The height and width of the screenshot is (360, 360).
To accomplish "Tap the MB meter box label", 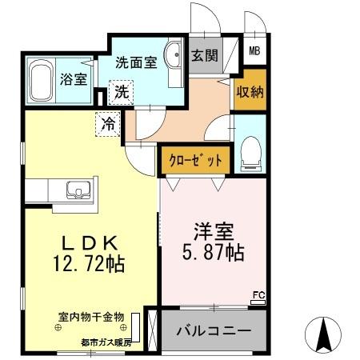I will pyautogui.click(x=254, y=53).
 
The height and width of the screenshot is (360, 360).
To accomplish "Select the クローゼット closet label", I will pyautogui.click(x=194, y=160).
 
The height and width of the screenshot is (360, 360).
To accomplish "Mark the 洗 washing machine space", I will pyautogui.click(x=120, y=90).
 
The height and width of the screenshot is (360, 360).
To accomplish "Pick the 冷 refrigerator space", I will pyautogui.click(x=106, y=123).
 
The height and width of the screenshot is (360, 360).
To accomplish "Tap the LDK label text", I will pyautogui.click(x=83, y=243).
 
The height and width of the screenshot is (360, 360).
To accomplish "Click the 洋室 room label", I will pyautogui.click(x=212, y=230).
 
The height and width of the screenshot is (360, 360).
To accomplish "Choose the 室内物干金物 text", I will pyautogui.click(x=90, y=317).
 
